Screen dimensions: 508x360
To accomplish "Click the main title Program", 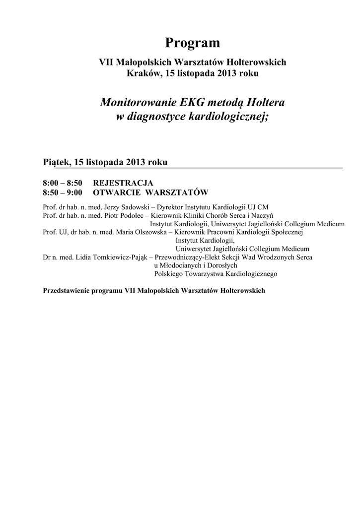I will [x=193, y=44].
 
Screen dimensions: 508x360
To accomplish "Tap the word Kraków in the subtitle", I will [x=144, y=73].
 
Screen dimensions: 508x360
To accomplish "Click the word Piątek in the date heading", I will [x=56, y=162].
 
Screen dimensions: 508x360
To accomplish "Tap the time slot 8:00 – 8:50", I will [x=63, y=183].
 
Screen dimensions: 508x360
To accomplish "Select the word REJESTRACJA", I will [x=123, y=183].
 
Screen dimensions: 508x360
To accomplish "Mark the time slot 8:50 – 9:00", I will [x=63, y=192].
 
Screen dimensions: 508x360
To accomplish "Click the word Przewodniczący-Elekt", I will [x=191, y=257].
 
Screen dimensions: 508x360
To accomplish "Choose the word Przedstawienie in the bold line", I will [x=69, y=290].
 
